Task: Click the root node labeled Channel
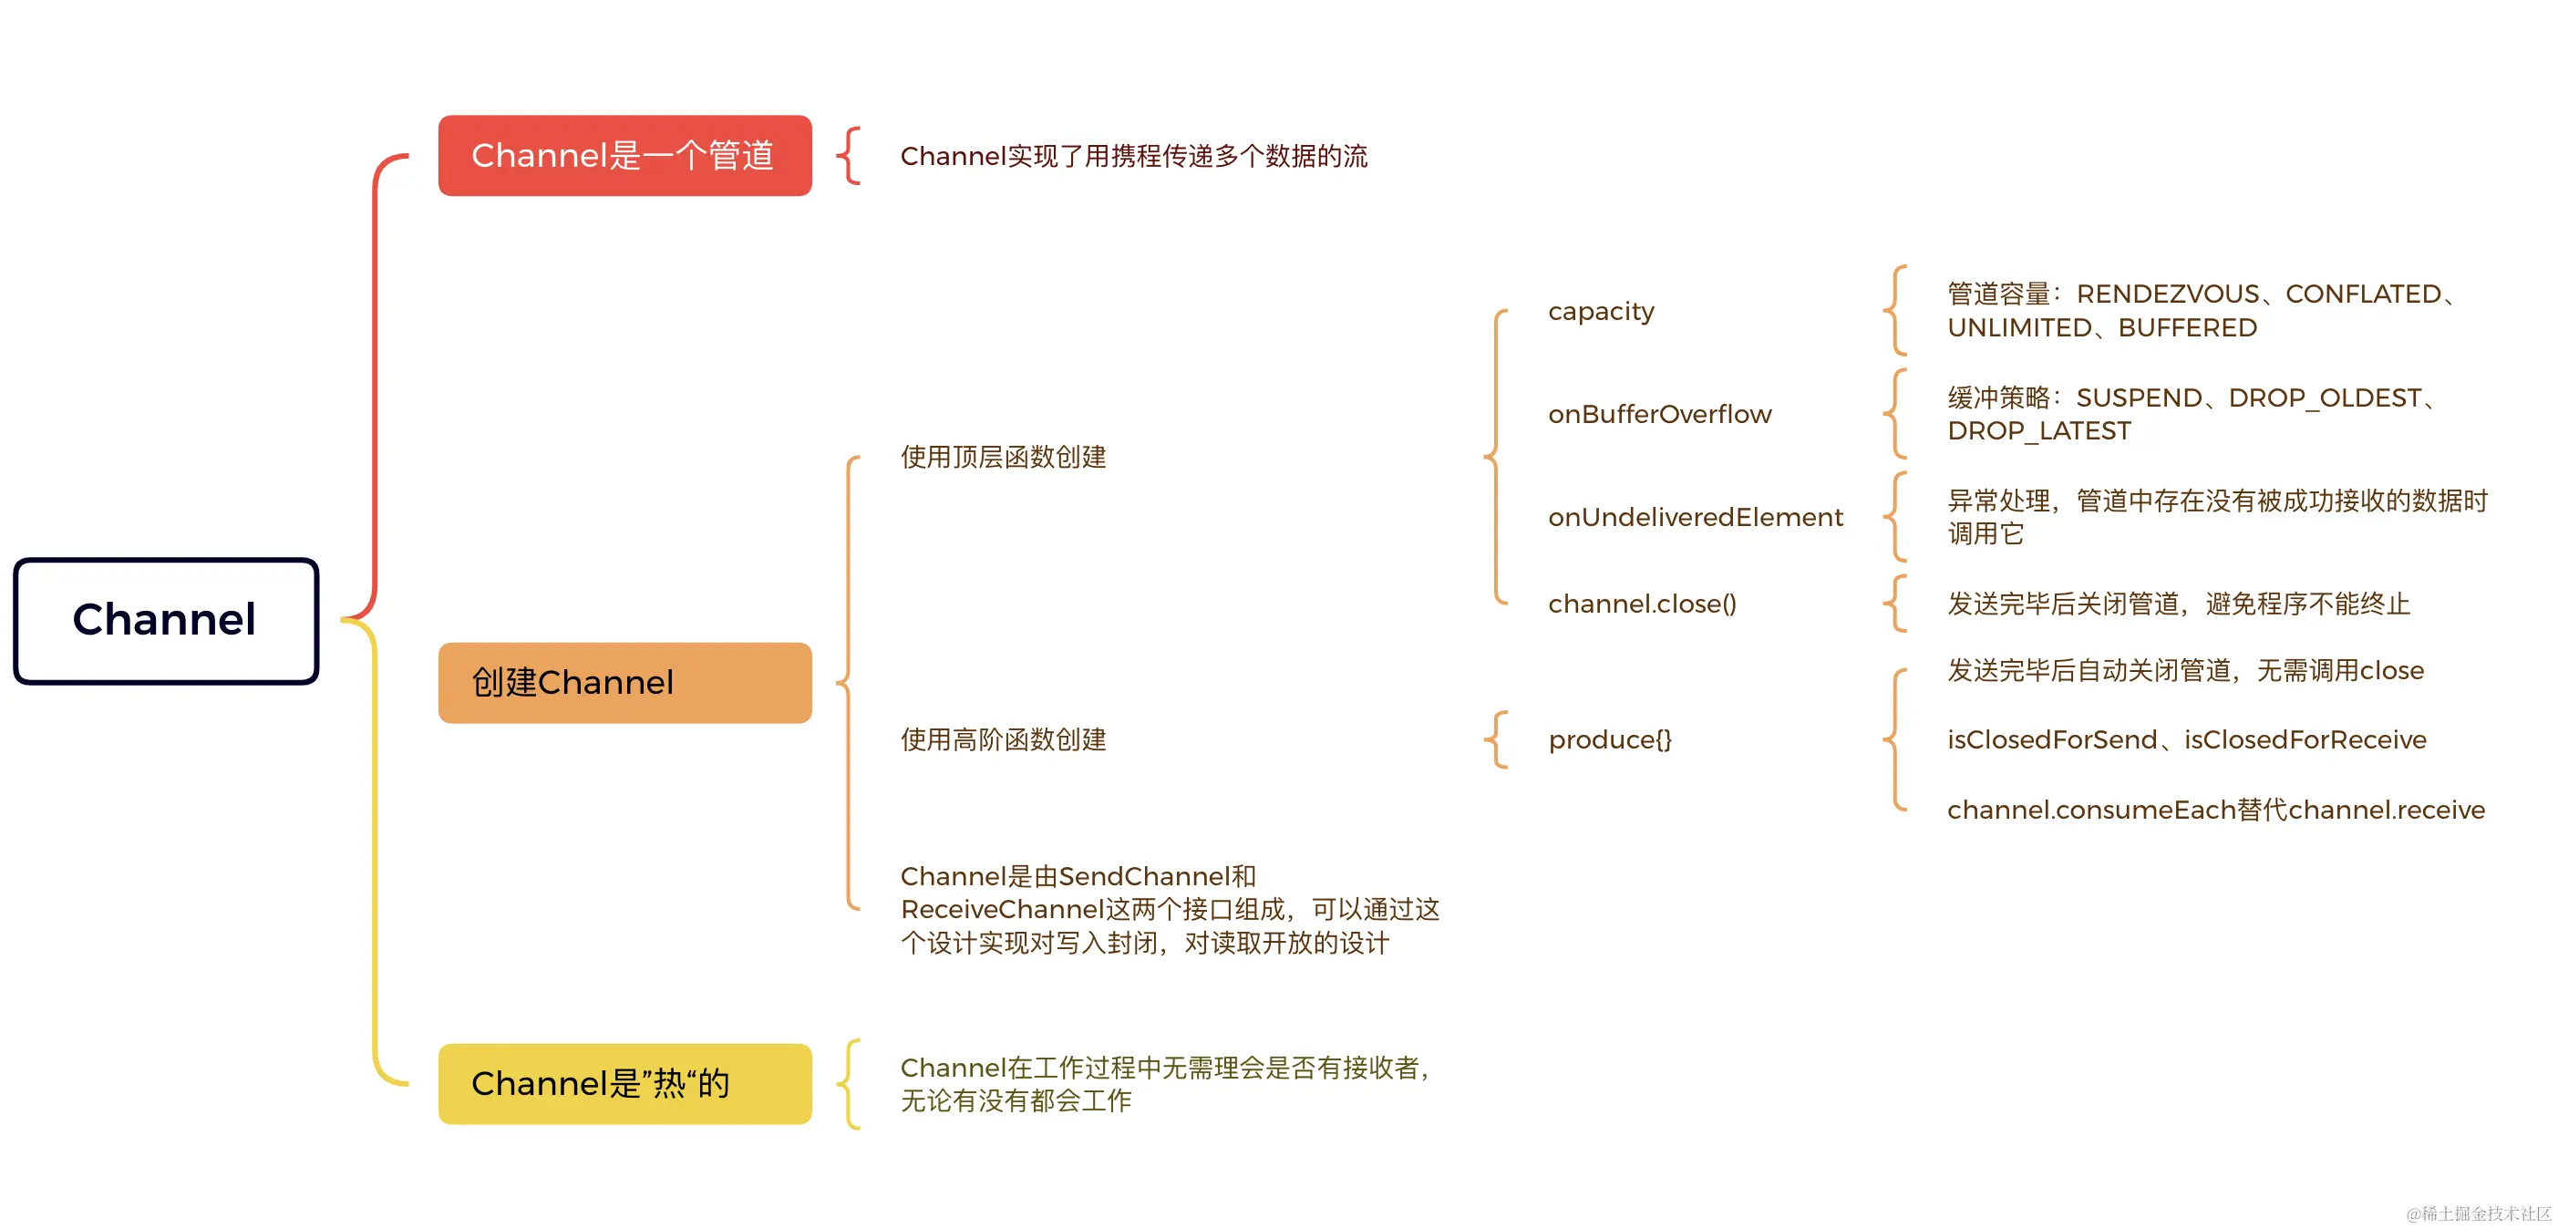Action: coord(166,621)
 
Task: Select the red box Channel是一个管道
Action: coord(624,156)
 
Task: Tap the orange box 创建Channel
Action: coord(624,683)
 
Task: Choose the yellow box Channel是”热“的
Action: coord(624,1083)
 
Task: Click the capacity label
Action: coord(1601,312)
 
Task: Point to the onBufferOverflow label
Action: coord(1659,414)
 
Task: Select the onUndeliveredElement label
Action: coord(1695,517)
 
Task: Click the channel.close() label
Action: coord(1642,604)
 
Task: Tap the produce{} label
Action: coord(1610,739)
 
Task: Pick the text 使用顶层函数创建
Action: coord(1003,457)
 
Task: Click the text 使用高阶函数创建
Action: coord(1003,739)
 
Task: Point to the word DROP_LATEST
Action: coord(2038,431)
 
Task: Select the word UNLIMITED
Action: coord(2019,327)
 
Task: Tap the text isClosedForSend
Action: coord(2051,739)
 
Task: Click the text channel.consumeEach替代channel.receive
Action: coord(2215,811)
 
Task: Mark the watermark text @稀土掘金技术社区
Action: coord(2478,1214)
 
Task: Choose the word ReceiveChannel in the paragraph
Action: coord(1002,909)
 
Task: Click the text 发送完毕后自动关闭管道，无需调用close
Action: coord(2184,671)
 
